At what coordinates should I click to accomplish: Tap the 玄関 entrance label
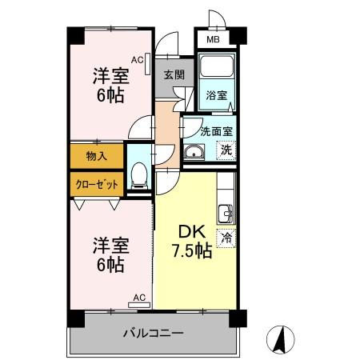coord(174,74)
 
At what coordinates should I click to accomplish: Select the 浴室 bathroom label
coord(217,95)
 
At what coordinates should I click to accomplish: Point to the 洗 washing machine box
coord(226,149)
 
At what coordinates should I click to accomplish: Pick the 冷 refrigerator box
coord(226,237)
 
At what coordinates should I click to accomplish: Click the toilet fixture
coord(138,174)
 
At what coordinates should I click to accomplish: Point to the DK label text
coord(190,232)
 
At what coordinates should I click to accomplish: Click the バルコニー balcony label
coord(154,332)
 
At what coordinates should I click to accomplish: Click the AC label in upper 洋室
coord(137,59)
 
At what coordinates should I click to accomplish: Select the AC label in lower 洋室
coord(138,298)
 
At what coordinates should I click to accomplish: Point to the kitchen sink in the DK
coord(226,213)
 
